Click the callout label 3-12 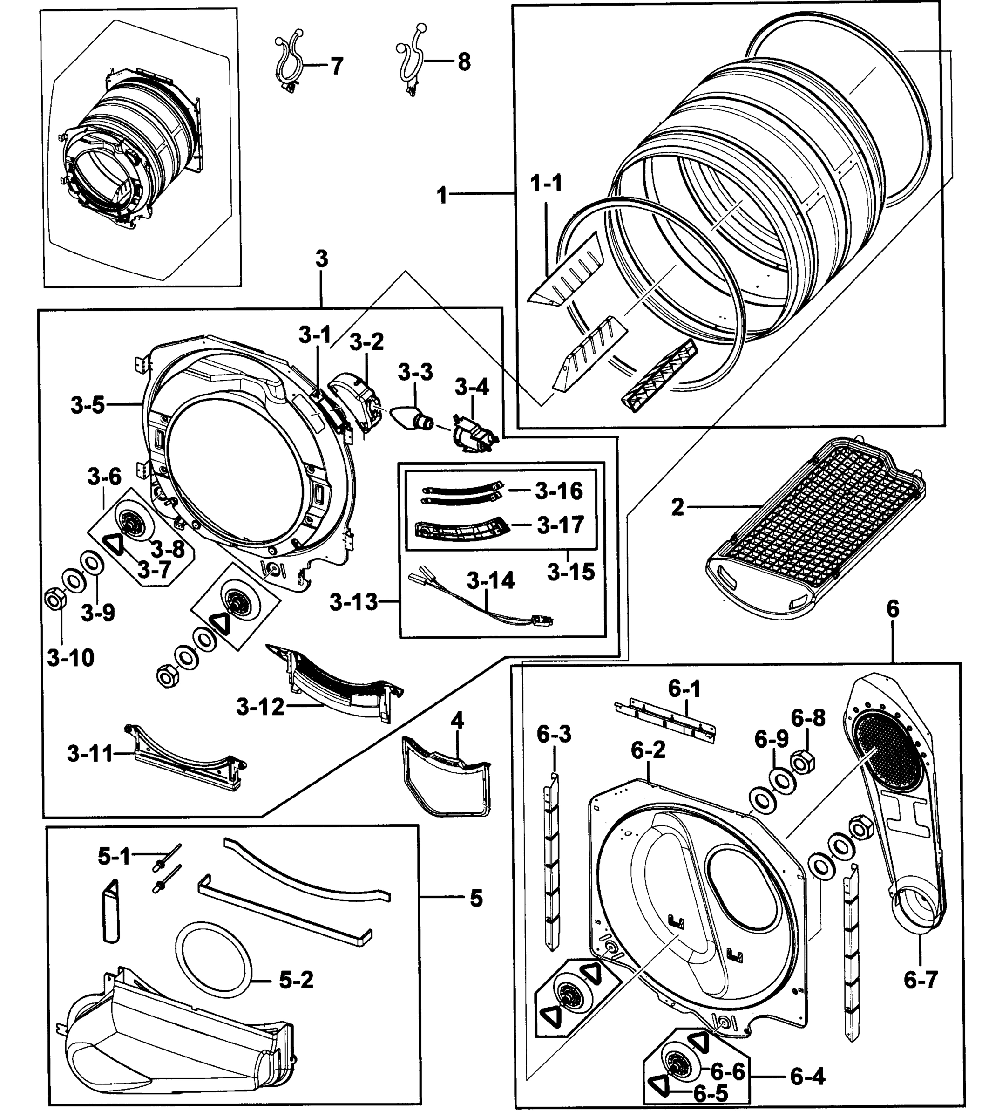[x=260, y=707]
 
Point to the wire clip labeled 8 [x=411, y=60]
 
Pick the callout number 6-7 [x=920, y=980]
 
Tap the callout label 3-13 [x=354, y=602]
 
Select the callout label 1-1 [x=546, y=183]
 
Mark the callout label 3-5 [x=88, y=405]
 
